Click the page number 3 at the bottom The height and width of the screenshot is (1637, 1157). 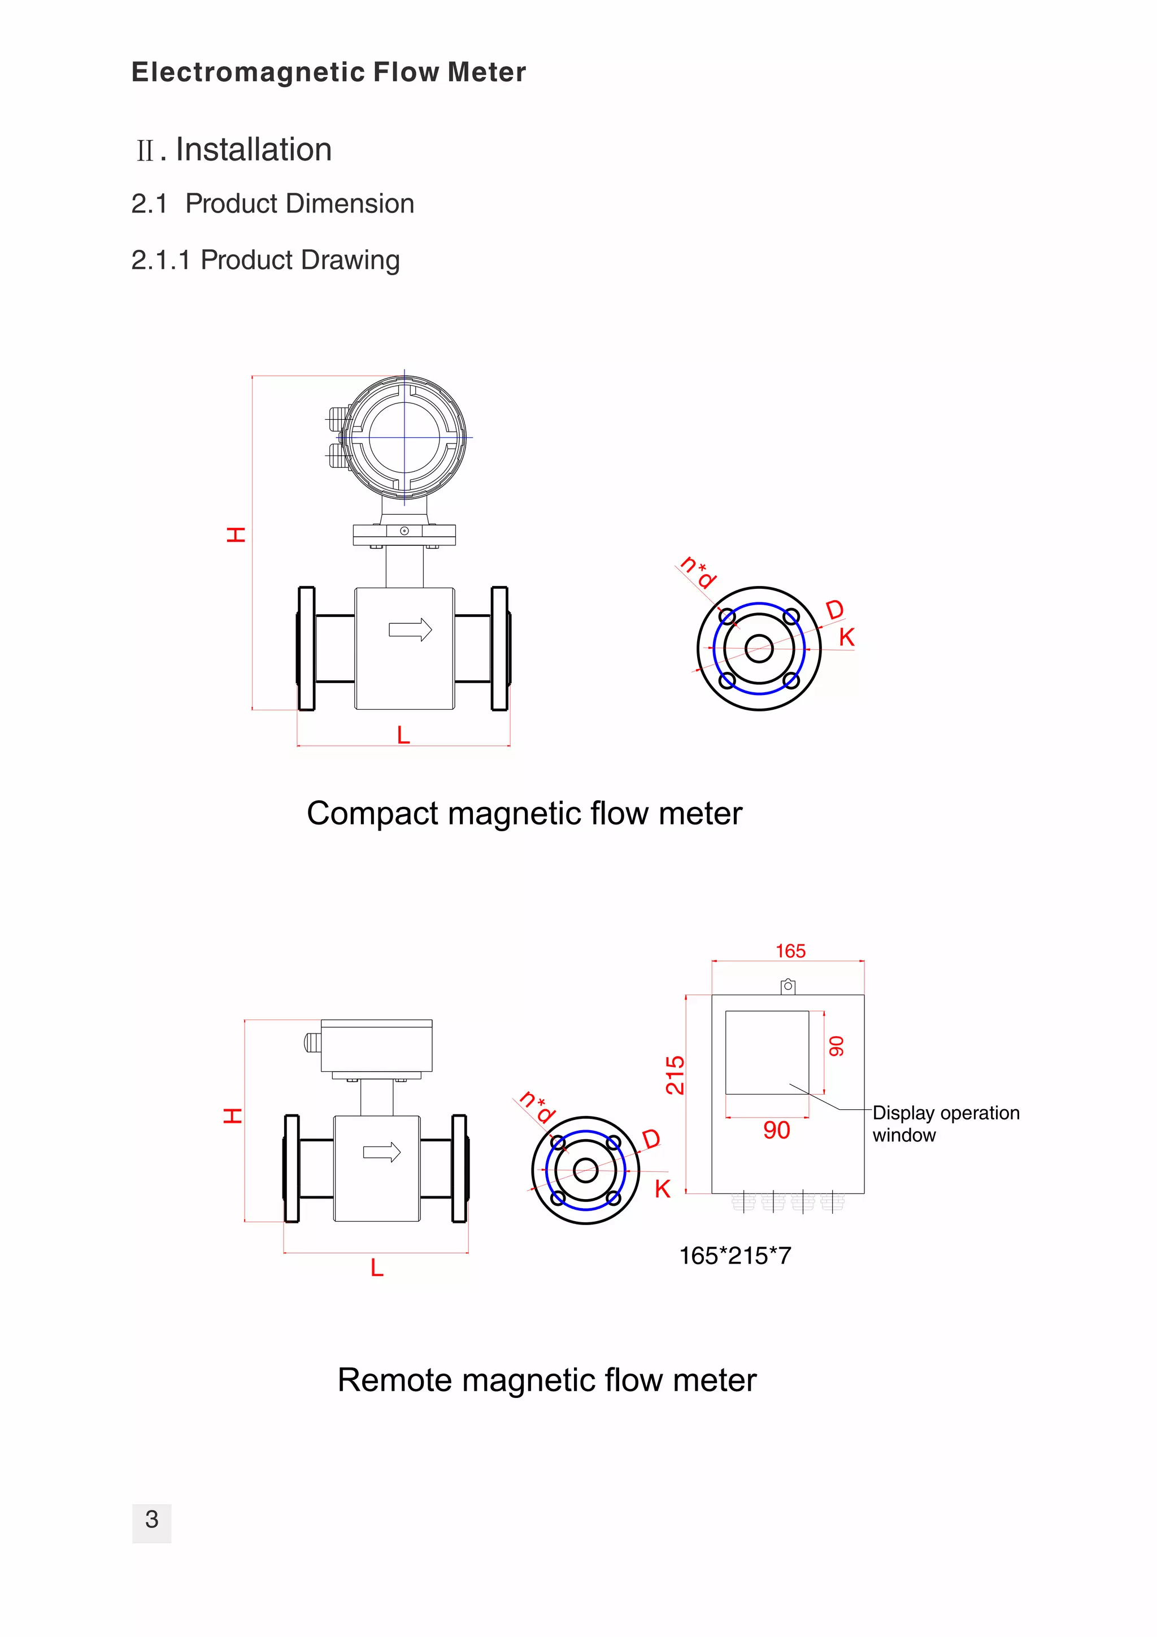click(x=151, y=1519)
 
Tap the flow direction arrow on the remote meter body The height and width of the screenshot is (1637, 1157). click(x=381, y=1152)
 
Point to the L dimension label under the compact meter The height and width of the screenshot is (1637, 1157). click(x=403, y=735)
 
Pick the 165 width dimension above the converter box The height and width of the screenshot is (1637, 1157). click(x=790, y=951)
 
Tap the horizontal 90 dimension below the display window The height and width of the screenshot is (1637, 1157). click(x=776, y=1130)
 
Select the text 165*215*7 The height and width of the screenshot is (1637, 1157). click(x=735, y=1256)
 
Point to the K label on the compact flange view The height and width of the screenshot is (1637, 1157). click(x=846, y=637)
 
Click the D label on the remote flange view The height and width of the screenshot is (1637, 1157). click(x=651, y=1139)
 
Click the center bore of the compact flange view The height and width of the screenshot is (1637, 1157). click(x=759, y=649)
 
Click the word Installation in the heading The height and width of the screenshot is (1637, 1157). click(x=254, y=150)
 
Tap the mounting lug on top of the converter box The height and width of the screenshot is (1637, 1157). click(x=788, y=987)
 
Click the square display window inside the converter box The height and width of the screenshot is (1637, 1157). click(x=767, y=1052)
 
